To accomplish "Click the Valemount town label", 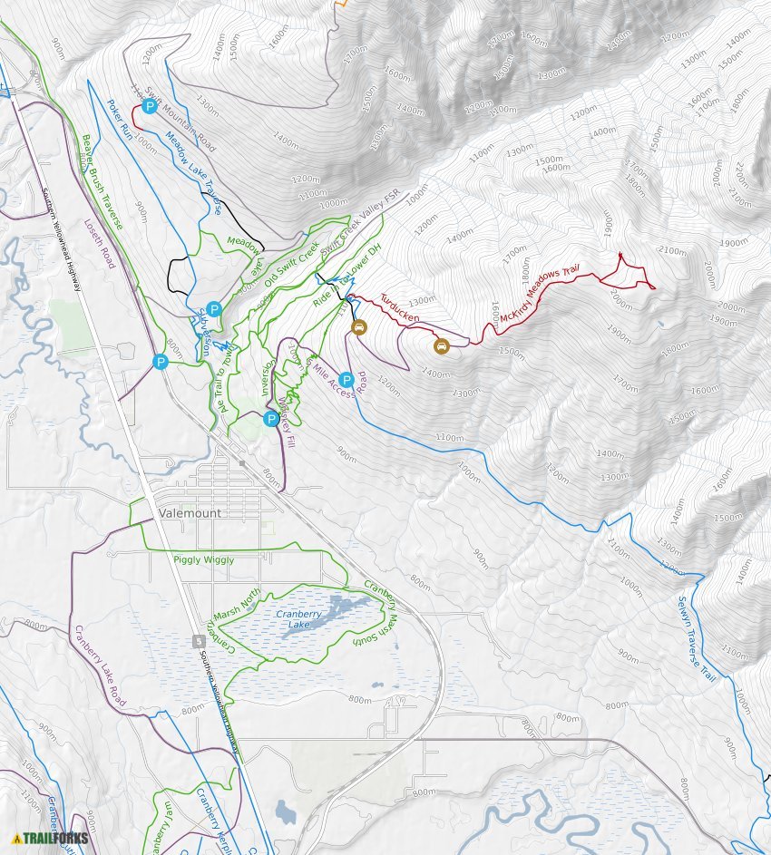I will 190,513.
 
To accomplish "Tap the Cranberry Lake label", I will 298,618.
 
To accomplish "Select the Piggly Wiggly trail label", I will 203,560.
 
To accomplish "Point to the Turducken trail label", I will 399,307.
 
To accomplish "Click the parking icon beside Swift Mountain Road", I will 150,106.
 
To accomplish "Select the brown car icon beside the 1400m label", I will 441,346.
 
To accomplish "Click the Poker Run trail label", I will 120,117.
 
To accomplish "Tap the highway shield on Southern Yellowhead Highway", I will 199,641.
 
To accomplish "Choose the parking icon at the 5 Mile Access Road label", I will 346,380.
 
